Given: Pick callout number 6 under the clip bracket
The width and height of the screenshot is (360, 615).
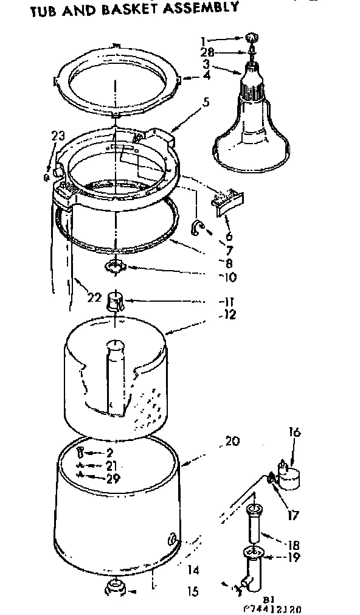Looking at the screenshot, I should [x=229, y=237].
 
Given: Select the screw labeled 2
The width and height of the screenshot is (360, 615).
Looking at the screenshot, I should [x=81, y=453].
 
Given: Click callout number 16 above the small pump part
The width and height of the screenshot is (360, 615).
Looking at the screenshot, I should [x=294, y=433].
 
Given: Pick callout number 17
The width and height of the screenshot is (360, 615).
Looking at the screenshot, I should [x=294, y=515].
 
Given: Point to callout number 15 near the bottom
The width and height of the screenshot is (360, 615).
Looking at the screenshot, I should [x=194, y=590].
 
